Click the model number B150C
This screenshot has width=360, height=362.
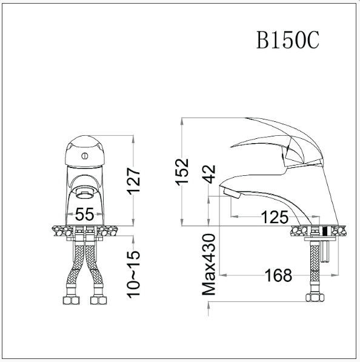click(x=287, y=39)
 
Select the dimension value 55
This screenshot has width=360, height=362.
click(x=85, y=215)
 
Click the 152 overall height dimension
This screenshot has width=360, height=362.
click(x=182, y=171)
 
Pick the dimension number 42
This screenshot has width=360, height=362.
click(x=209, y=174)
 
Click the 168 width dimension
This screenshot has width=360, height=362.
click(x=278, y=276)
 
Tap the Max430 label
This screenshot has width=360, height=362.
click(x=209, y=264)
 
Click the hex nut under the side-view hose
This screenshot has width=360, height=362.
click(x=315, y=298)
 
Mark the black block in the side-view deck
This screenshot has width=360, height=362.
click(x=324, y=230)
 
